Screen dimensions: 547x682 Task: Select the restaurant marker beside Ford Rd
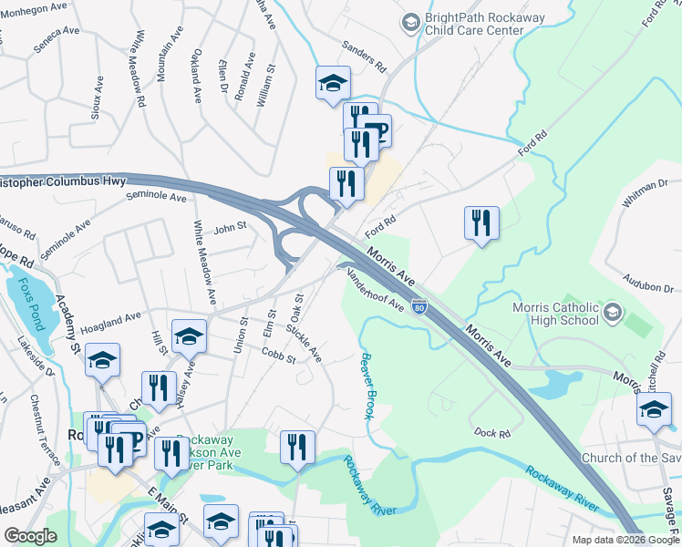(481, 223)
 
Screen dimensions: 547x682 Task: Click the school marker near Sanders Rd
(333, 84)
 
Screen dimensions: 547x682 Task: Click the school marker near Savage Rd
(654, 408)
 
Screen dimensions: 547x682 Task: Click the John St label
(230, 226)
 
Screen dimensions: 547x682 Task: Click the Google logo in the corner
(30, 536)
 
